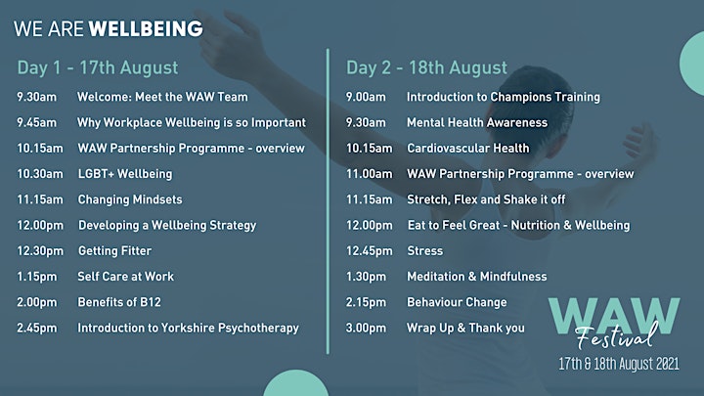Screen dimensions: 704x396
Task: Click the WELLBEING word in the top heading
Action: tap(146, 28)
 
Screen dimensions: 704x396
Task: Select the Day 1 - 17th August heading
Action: tap(98, 67)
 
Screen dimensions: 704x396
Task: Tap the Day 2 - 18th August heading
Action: tap(426, 67)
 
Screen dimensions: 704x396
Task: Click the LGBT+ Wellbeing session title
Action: tap(125, 174)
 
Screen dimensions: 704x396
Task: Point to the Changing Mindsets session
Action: tap(130, 199)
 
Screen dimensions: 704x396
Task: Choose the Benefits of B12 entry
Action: tap(119, 302)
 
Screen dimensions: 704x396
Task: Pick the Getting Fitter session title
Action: tap(115, 250)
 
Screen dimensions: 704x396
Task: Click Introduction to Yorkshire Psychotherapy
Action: tap(188, 328)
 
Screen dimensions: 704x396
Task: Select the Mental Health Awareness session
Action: tap(477, 122)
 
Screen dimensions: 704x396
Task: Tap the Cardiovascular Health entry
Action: tap(468, 149)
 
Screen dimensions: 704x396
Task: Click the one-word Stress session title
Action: tap(424, 250)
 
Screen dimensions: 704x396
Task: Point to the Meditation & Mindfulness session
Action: tap(477, 276)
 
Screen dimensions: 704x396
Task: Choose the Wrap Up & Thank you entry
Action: tap(465, 328)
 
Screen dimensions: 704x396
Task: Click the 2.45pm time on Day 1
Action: tap(37, 328)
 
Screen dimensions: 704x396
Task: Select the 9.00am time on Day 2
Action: tap(366, 97)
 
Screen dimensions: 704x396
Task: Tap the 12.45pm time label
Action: tap(369, 250)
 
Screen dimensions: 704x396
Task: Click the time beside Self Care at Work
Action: tap(37, 276)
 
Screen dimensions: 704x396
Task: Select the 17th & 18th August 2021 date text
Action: tap(619, 363)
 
